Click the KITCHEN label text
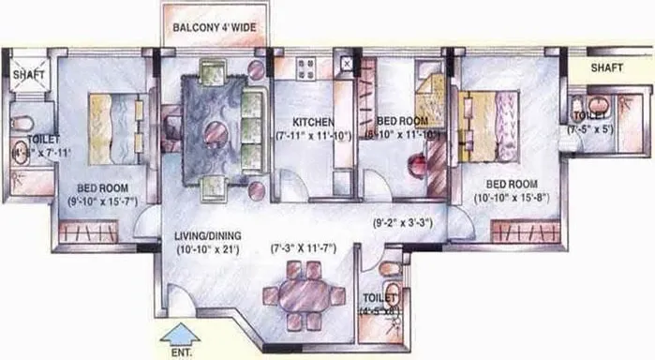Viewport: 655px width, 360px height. [x=312, y=122]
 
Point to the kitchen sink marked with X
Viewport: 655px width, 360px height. [x=347, y=65]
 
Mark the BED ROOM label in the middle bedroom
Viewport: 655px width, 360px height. [x=403, y=122]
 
